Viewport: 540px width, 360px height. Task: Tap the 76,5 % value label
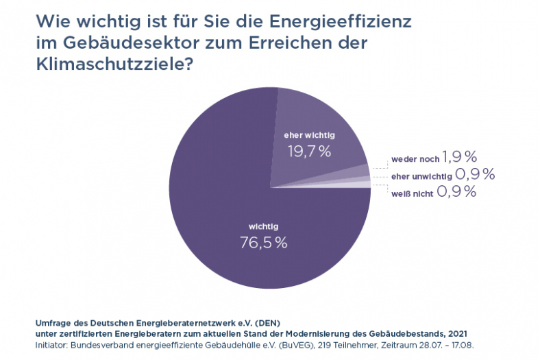(x=263, y=242)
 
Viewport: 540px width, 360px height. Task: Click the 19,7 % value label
(x=308, y=151)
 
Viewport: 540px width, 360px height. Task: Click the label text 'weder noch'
(x=415, y=159)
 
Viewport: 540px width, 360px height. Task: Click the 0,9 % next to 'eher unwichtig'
(x=475, y=175)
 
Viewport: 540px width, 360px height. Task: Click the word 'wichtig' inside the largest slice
(x=263, y=226)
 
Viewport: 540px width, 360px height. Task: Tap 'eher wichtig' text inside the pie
(x=308, y=135)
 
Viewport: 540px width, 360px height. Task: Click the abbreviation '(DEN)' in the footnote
(x=265, y=322)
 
